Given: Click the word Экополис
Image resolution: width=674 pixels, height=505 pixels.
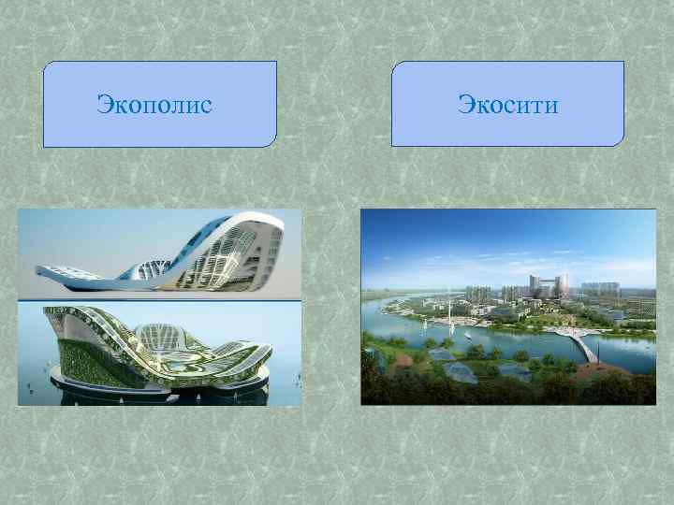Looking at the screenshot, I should coord(154,103).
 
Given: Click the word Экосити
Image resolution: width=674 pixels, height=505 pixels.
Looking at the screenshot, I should coord(507,103).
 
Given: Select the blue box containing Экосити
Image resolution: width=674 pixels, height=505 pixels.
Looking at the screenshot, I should coord(507,126).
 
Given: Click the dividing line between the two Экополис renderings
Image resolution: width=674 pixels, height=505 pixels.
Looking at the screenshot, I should coord(159,300).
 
